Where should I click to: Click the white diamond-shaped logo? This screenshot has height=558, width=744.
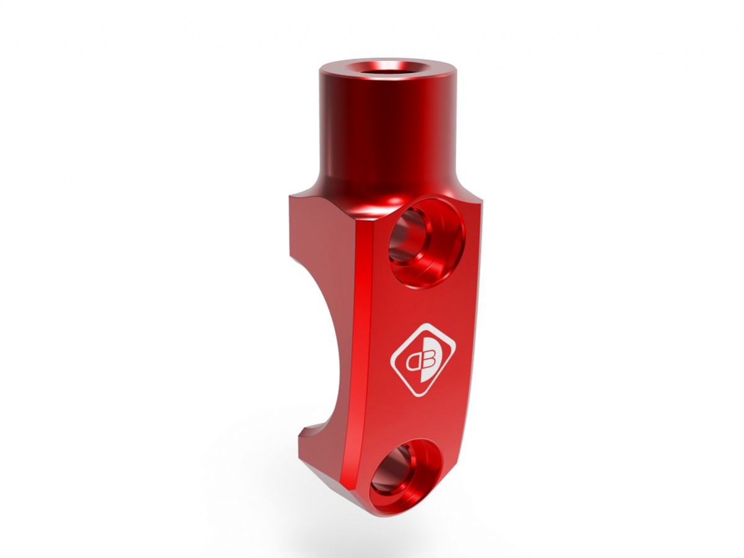[x=422, y=358]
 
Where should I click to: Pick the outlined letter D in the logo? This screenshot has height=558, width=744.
[x=412, y=359]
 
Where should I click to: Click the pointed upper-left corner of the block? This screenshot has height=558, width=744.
[x=291, y=198]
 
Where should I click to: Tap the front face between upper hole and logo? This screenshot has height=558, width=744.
[x=422, y=304]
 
